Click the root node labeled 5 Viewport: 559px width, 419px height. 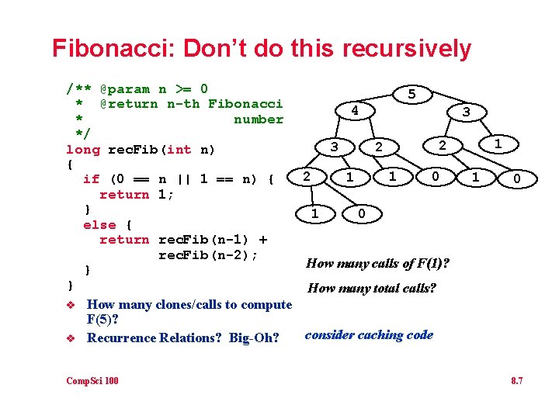tap(411, 94)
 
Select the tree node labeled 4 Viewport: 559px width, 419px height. tap(354, 111)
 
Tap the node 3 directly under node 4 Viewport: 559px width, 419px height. tap(334, 146)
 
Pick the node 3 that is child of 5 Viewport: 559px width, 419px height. tap(466, 113)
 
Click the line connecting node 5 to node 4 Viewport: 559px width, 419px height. tap(383, 102)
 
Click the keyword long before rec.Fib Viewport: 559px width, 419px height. tap(83, 149)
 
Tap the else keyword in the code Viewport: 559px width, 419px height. tap(99, 224)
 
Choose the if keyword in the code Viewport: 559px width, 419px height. tap(91, 179)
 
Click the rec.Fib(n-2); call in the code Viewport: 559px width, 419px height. tap(208, 255)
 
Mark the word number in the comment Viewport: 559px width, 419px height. tap(259, 119)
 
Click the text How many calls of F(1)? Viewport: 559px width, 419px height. tap(378, 263)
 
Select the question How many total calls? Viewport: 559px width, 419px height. tap(372, 289)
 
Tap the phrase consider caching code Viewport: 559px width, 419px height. tap(369, 335)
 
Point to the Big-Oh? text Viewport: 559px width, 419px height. tap(254, 338)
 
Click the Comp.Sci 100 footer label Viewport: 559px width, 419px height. tap(92, 380)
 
